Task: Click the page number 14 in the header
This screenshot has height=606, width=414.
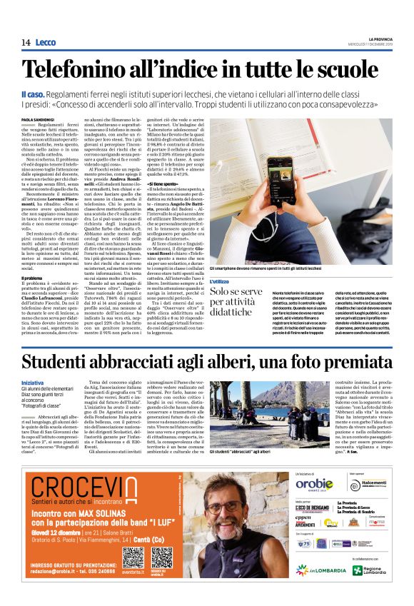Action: (26, 42)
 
